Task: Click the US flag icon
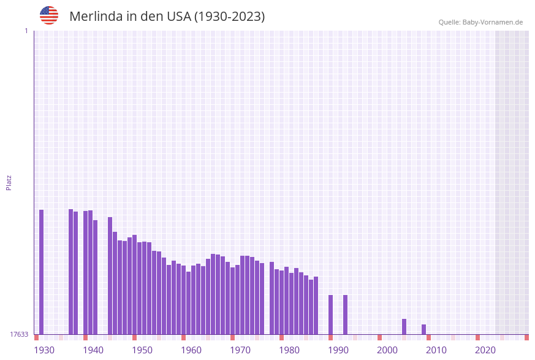point(49,15)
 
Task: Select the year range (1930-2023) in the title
point(229,17)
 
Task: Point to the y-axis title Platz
point(9,183)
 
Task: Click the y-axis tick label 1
point(26,31)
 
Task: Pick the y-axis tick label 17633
point(19,334)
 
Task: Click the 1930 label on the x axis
point(44,350)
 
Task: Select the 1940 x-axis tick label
point(93,350)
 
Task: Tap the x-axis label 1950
point(142,350)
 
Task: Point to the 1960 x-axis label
point(191,350)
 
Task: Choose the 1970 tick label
point(240,350)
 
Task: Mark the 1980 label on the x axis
point(289,350)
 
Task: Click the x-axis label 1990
point(338,350)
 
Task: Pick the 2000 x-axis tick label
point(387,350)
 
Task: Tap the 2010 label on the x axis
point(436,350)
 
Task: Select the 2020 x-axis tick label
point(485,350)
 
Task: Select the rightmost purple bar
point(423,329)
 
